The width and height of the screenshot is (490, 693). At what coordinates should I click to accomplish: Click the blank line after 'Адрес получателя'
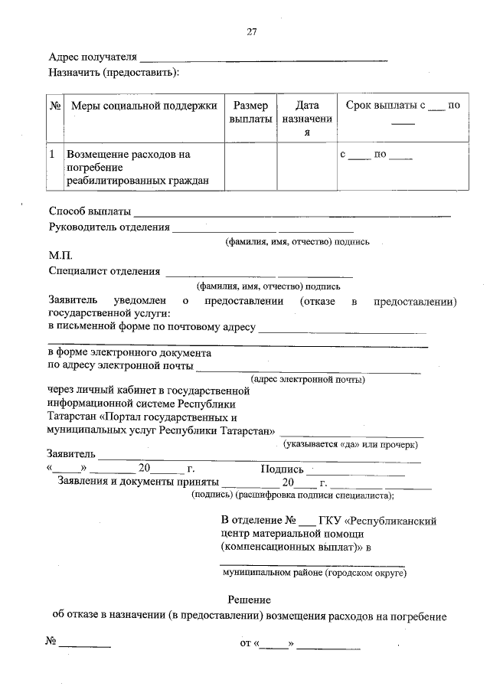[x=264, y=58]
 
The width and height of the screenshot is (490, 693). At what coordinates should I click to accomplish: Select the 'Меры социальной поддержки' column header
[x=144, y=105]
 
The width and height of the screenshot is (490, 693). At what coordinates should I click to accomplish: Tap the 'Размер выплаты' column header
[x=250, y=113]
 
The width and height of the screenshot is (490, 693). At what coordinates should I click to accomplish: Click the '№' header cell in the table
[x=55, y=105]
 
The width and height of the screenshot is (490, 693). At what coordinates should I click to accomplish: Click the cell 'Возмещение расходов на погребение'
[x=137, y=167]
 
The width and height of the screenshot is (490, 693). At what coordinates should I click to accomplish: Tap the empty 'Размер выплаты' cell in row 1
[x=250, y=166]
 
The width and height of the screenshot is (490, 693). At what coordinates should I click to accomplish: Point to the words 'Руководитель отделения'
[x=108, y=227]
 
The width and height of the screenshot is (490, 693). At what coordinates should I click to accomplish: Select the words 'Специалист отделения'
[x=104, y=270]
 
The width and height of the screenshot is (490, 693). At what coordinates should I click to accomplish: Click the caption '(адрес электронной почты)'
[x=308, y=379]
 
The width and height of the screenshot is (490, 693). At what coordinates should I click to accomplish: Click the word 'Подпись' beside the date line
[x=283, y=469]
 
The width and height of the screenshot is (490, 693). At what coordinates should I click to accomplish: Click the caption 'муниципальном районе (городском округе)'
[x=314, y=572]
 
